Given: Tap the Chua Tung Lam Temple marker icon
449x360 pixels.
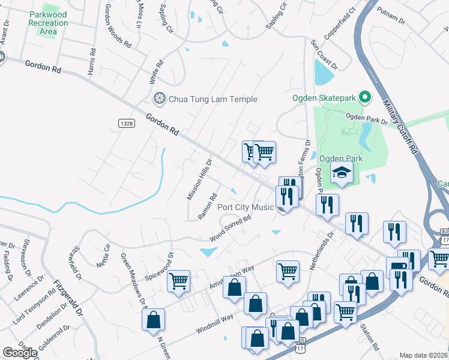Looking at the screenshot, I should (x=159, y=98).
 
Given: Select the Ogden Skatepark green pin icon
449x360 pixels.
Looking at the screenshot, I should (x=364, y=97).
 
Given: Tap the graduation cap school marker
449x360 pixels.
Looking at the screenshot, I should (x=342, y=173).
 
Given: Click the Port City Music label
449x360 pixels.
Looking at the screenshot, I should (x=245, y=208).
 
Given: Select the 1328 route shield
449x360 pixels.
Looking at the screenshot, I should (x=126, y=123).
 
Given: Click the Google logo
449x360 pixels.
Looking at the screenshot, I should (x=20, y=353).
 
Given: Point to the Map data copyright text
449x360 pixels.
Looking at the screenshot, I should (x=424, y=355).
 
